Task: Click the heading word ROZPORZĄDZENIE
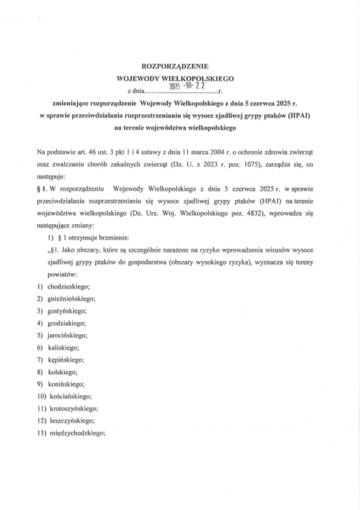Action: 179,67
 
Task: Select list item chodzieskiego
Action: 68,287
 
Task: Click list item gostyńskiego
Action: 67,311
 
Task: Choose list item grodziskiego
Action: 66,324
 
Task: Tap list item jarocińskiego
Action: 67,336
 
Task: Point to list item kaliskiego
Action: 63,348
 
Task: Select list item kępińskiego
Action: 65,360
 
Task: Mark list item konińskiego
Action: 66,384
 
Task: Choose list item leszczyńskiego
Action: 71,421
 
